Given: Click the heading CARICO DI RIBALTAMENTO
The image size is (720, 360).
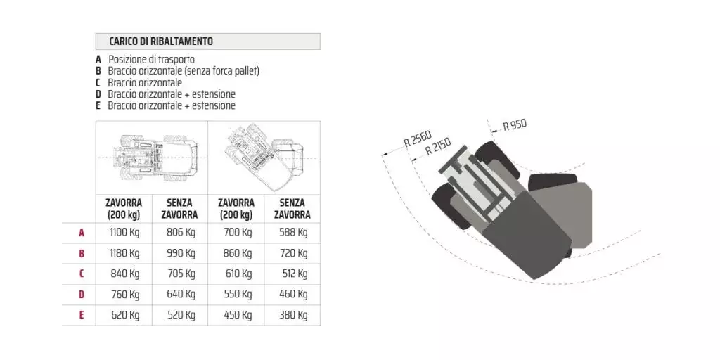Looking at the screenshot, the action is coord(161,41).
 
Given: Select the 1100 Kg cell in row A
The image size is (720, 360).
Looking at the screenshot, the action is coord(124,232).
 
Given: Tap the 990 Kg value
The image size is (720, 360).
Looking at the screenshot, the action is coord(181,253).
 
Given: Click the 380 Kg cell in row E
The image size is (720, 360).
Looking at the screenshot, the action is coord(293,316).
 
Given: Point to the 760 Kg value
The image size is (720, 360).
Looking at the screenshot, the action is coord(125,295).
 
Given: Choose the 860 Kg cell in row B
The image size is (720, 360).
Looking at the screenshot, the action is coord(238,253).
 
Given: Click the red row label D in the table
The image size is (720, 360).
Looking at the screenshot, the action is coord(82,295).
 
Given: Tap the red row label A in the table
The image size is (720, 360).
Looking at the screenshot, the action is coord(82,233).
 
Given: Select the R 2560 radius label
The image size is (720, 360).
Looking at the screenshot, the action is coord(418,139).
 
